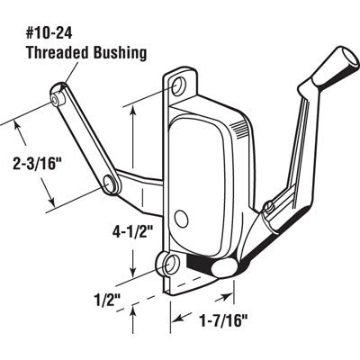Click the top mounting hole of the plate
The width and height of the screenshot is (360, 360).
click(x=180, y=86)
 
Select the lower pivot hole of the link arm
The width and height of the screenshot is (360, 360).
click(x=112, y=185)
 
